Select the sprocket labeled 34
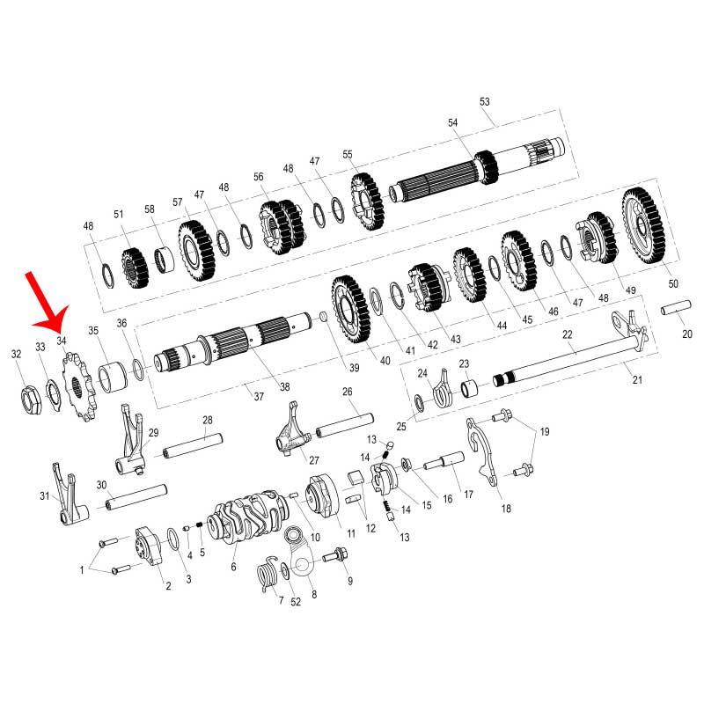point(79,387)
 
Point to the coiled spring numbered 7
point(268,575)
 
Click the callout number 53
point(485,101)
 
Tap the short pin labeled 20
point(676,307)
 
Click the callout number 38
point(284,386)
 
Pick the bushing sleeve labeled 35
point(113,377)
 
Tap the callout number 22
point(568,334)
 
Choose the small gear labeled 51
point(135,268)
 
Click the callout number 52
point(296,602)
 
